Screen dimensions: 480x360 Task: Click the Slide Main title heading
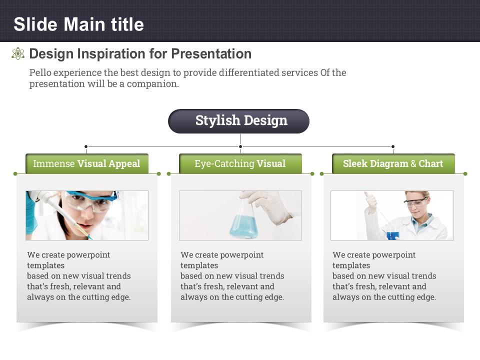[78, 24]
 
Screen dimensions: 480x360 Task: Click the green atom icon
[18, 53]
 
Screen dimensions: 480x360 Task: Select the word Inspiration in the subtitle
[111, 54]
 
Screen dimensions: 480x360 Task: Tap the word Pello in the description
[40, 73]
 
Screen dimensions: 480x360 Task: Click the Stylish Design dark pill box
[239, 121]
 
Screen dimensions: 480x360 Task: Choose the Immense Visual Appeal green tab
[87, 163]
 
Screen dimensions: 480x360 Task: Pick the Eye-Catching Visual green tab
[240, 163]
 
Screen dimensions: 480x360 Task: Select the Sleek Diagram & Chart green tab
[393, 163]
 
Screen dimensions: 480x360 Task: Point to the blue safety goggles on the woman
[92, 199]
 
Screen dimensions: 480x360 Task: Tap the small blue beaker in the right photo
[393, 233]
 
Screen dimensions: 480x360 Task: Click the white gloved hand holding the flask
[269, 206]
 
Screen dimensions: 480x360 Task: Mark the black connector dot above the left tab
[86, 146]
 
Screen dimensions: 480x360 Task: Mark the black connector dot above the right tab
[393, 146]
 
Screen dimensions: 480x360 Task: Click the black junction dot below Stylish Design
[240, 146]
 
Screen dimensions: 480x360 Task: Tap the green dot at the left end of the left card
[15, 174]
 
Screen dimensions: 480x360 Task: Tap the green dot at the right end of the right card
[465, 174]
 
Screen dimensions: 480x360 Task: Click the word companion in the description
[152, 84]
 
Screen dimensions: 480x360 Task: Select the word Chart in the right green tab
[430, 163]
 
